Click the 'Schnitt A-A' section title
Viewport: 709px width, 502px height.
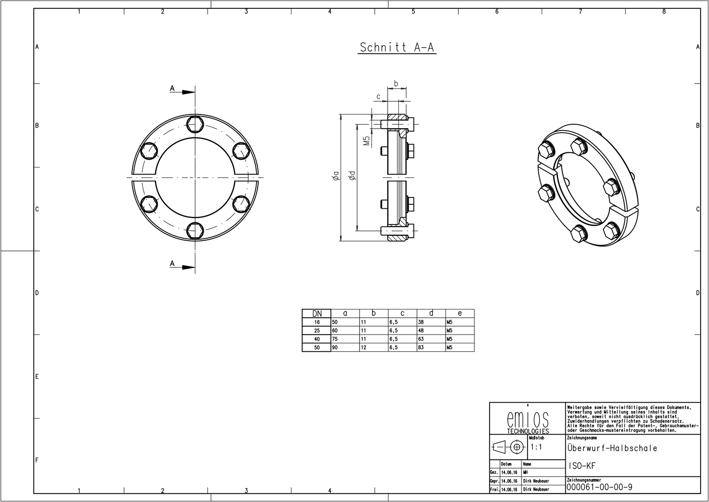396,47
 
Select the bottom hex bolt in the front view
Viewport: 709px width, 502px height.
195,230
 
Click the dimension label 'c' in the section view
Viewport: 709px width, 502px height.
378,96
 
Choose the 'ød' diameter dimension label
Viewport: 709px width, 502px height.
352,177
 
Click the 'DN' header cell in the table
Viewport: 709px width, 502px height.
317,313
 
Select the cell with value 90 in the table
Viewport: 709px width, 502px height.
336,347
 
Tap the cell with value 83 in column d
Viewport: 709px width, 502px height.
421,347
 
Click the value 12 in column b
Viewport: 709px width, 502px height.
364,347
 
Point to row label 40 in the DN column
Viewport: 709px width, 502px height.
317,339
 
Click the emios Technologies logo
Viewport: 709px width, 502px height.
527,421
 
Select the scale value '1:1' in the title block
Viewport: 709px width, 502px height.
536,447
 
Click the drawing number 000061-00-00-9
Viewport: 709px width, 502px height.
599,487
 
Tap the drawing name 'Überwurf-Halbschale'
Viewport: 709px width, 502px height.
612,448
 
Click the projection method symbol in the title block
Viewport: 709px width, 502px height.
508,447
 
